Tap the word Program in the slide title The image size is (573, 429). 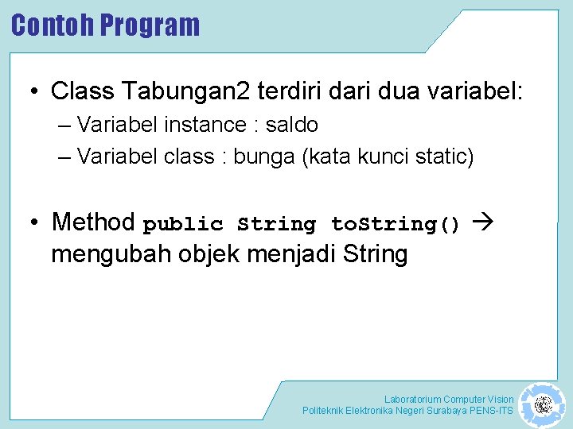150,25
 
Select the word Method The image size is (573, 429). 93,222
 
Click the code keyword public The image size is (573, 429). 183,225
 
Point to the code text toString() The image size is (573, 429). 396,225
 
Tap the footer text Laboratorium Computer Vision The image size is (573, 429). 449,399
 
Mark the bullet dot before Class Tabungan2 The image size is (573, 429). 34,92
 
